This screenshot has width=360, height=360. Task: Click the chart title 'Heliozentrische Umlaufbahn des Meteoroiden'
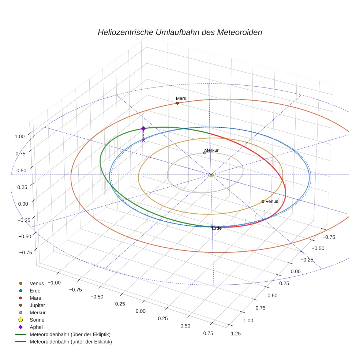180,32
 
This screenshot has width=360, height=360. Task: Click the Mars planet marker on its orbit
177,103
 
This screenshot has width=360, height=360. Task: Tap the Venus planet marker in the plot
263,201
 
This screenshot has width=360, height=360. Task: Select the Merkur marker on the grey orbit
205,153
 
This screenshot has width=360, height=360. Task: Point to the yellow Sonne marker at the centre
211,175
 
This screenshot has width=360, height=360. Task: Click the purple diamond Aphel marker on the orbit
143,129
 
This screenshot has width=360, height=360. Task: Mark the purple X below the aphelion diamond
143,140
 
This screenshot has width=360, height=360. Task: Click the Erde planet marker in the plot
212,227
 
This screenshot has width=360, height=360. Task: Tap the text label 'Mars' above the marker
181,98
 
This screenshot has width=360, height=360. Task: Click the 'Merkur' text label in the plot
211,150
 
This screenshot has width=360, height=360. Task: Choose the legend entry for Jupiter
37,305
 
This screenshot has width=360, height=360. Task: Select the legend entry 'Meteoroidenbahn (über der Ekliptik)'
70,334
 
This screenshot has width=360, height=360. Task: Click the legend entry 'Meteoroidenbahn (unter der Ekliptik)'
71,342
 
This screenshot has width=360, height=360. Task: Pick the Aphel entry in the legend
36,327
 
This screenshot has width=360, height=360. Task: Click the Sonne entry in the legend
37,320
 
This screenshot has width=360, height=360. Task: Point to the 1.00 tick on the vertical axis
19,136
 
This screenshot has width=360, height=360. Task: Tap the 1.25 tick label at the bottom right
236,333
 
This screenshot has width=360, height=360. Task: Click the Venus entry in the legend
37,283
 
